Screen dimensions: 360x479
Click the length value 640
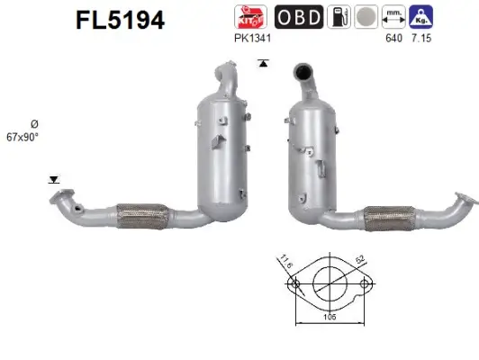point(392,39)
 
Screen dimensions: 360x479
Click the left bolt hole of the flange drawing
point(294,286)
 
